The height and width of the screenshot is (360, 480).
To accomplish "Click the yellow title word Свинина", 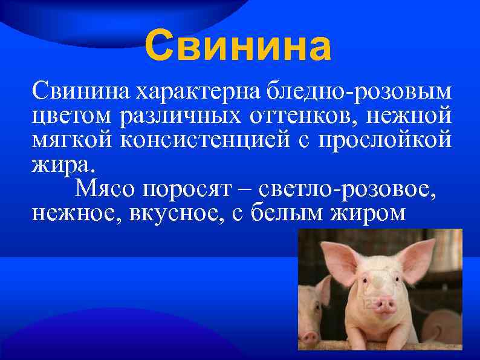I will click(x=238, y=47).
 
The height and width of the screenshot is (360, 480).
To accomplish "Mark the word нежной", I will click(x=412, y=115).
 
